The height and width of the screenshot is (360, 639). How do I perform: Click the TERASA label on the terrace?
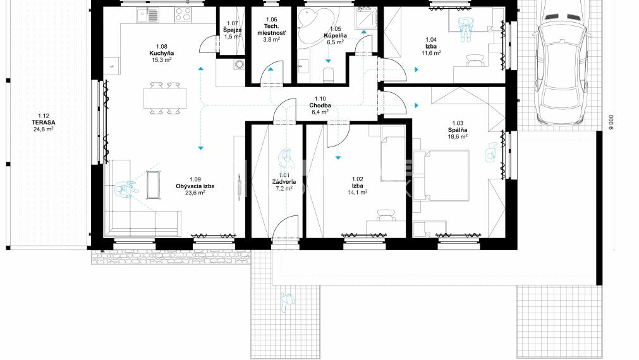coord(43,116)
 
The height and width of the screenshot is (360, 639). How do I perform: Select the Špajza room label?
coord(232,30)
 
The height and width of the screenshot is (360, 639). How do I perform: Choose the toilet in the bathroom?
coord(328,75)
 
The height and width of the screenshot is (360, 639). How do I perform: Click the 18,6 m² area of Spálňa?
coord(458,136)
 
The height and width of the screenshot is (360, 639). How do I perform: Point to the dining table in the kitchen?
coord(165,98)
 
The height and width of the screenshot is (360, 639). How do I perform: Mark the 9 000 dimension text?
coord(611,121)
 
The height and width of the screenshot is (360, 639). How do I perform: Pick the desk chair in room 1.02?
coord(385,216)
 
